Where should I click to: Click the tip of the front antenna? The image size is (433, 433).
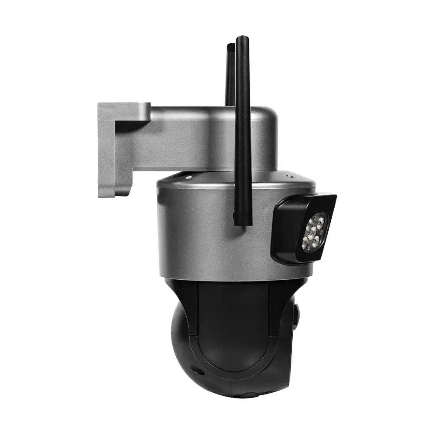point(242,39)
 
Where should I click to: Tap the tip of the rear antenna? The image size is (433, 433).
point(230,45)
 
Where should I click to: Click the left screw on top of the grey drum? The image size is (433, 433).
point(187,177)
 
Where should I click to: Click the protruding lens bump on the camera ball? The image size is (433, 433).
point(296,316)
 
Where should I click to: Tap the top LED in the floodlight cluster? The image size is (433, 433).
point(320,219)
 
